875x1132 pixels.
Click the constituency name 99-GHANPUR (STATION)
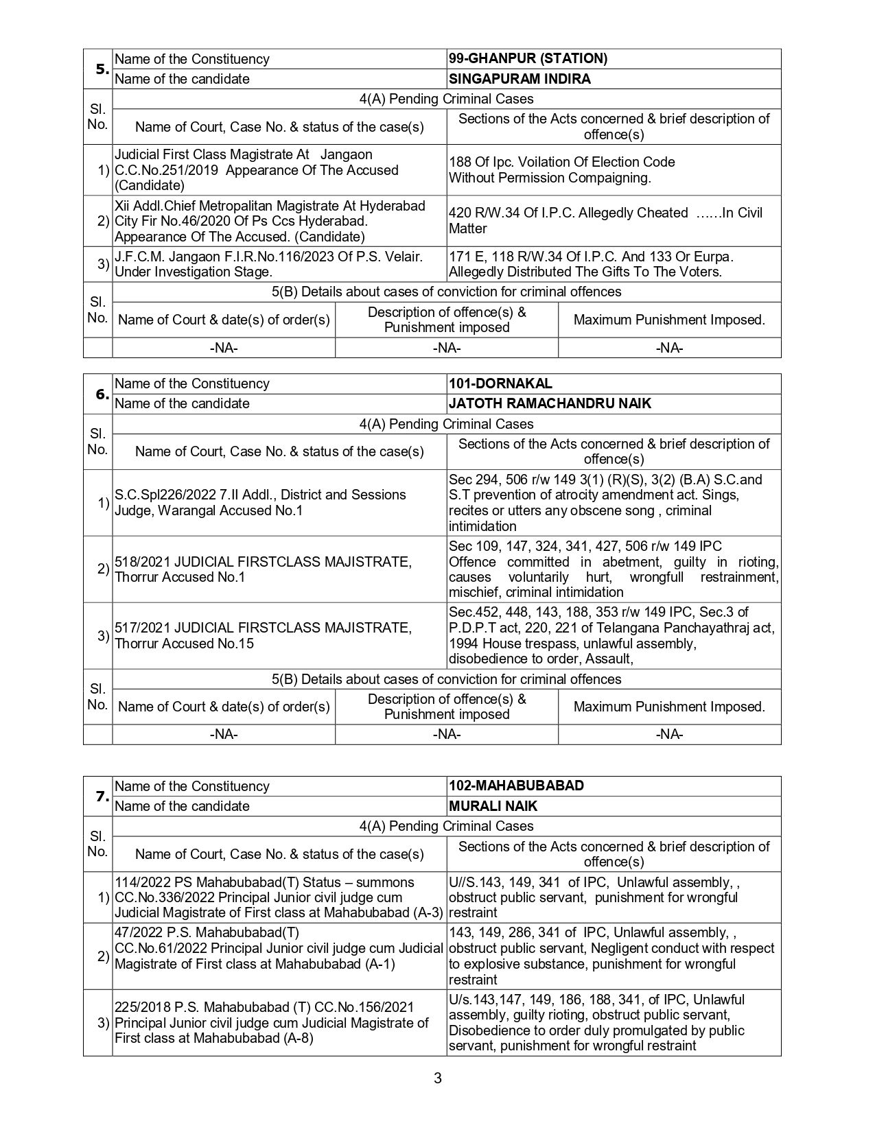[x=528, y=59]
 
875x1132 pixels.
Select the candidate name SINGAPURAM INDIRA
[x=520, y=79]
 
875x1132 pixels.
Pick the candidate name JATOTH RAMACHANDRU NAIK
[x=550, y=403]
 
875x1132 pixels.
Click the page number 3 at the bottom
[x=437, y=1078]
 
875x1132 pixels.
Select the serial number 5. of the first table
[x=101, y=69]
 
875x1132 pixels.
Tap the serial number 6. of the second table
[x=101, y=394]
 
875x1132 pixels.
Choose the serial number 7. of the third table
[x=101, y=797]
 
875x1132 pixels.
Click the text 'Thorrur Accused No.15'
[x=184, y=644]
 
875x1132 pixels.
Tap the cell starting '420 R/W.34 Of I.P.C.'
[x=613, y=221]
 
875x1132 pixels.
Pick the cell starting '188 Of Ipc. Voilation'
[x=613, y=170]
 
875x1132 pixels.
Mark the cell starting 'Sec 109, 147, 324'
[x=613, y=569]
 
